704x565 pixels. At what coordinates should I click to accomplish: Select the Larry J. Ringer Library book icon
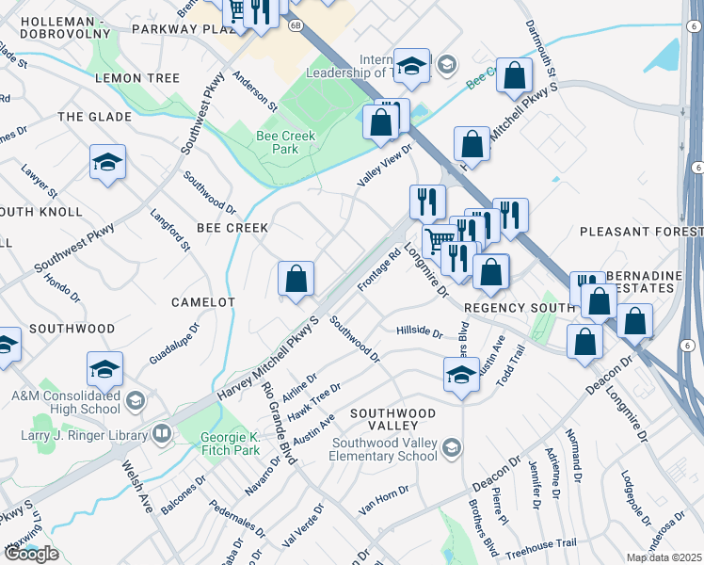click(162, 435)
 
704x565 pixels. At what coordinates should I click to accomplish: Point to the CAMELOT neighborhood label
click(203, 301)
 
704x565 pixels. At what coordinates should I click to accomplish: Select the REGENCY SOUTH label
click(518, 308)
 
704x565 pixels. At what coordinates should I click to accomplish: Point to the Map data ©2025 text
click(664, 557)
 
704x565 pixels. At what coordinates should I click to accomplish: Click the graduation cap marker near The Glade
click(108, 163)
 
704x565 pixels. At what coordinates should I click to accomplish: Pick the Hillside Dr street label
click(419, 331)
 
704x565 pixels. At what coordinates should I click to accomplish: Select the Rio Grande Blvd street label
click(280, 423)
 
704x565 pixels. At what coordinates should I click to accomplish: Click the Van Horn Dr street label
click(385, 499)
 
